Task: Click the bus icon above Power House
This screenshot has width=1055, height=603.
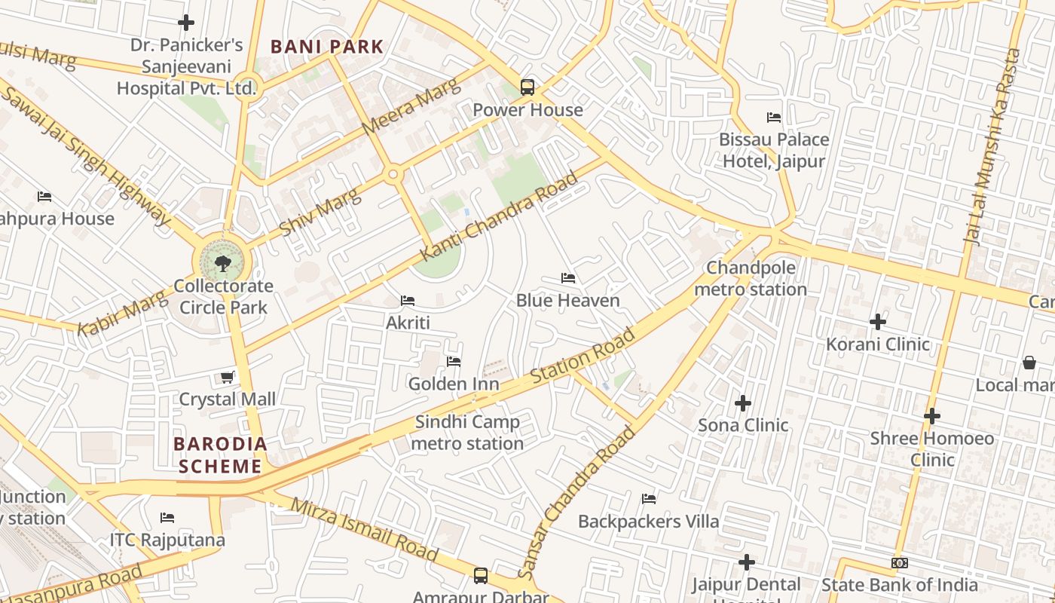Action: coord(527,87)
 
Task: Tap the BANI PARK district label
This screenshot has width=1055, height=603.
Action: coord(327,47)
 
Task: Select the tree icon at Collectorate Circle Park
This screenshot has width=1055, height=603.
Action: coord(222,263)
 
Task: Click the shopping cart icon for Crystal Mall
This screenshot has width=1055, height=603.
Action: coord(227,377)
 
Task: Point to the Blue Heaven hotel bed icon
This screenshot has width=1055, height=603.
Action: coord(568,278)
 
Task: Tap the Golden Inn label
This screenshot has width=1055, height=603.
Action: coord(453,384)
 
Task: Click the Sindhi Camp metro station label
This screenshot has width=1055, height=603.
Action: coord(467,433)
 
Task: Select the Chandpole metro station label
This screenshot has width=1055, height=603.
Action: coord(750,279)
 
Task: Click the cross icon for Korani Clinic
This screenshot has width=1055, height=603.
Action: coord(877,322)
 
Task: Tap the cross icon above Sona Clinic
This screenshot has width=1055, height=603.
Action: coord(743,403)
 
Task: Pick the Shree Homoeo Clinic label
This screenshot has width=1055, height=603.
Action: coord(931,448)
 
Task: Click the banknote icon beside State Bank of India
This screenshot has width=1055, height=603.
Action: coord(899,563)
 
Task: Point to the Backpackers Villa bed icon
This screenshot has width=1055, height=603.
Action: coord(648,498)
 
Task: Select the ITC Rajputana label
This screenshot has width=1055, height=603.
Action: coord(167,540)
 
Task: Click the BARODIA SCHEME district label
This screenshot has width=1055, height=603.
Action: coord(220,455)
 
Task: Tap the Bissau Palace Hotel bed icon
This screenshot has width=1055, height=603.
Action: coord(773,117)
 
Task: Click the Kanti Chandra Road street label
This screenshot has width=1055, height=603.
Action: coord(499,216)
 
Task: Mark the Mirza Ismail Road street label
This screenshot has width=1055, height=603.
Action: coord(364,529)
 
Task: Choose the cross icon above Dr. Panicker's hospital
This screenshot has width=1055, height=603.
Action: coord(186,23)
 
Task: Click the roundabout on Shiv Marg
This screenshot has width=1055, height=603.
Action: coord(393,175)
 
